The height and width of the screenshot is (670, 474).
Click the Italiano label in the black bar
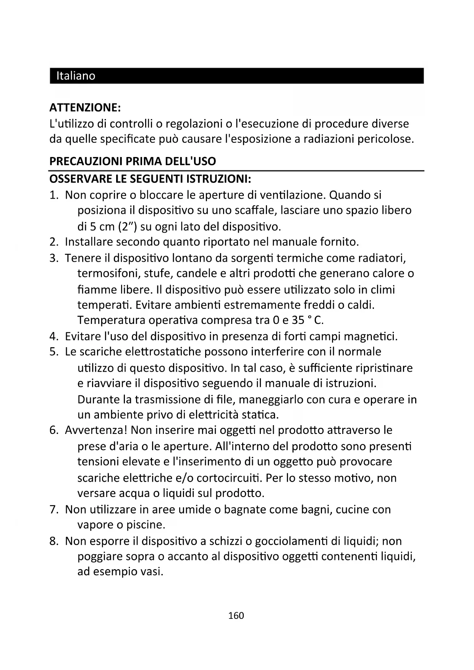coord(76,76)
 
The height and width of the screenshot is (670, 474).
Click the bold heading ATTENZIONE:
coord(85,108)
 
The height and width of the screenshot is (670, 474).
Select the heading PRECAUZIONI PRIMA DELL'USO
coord(133,161)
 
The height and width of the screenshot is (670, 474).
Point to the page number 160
coord(236,615)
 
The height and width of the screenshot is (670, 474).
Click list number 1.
coord(53,195)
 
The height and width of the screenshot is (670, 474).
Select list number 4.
coord(53,337)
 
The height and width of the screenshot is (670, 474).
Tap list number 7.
coord(53,510)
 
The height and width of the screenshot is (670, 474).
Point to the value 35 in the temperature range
coord(298,320)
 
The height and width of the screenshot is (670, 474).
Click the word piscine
coord(145,525)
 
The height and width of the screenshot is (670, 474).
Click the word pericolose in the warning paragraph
coord(385,139)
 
